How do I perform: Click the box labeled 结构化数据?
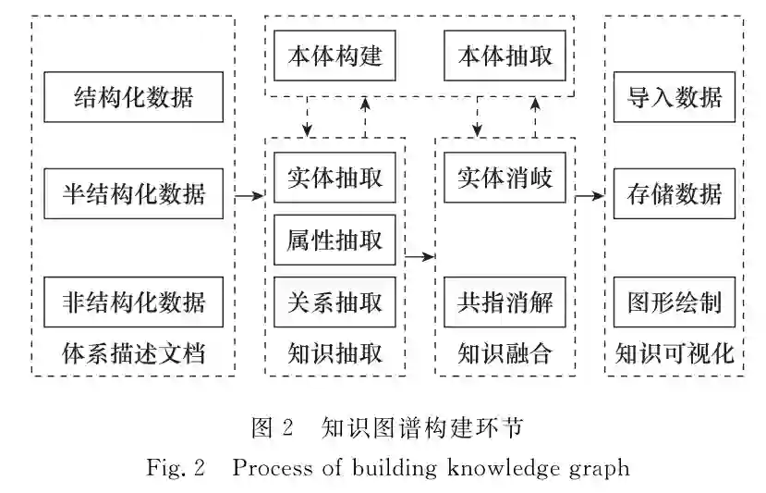133,96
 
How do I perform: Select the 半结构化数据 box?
133,194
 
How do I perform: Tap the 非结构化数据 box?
133,302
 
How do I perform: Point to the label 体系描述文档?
133,353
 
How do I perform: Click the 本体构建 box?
334,55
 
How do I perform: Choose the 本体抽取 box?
505,55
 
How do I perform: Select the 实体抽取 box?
334,177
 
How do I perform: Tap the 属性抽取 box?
334,240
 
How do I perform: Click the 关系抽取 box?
334,302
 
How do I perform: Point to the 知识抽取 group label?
334,353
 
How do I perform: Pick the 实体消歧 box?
505,177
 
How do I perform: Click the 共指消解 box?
505,302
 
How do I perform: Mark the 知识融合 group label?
505,353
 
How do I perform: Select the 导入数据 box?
674,96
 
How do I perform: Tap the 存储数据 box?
674,194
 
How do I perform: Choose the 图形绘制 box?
674,302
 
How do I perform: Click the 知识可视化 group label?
674,353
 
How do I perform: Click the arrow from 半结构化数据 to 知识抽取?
249,195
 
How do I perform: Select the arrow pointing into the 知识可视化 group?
590,195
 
